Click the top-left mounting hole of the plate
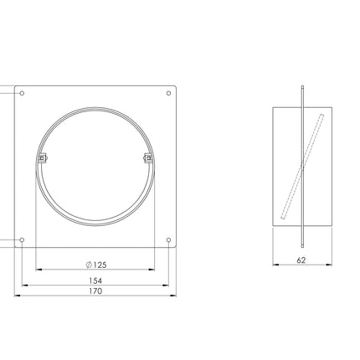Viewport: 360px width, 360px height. point(22,93)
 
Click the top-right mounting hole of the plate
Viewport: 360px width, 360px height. point(168,93)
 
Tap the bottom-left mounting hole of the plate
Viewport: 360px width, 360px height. point(22,240)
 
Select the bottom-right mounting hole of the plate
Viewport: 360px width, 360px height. point(168,240)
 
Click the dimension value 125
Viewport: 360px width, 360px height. point(100,265)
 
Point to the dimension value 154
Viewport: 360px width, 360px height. point(95,280)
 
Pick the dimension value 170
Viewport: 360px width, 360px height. point(95,291)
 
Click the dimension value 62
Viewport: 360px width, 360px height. point(301,260)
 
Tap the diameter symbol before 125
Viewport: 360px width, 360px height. point(89,265)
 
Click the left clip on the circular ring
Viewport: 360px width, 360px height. point(42,158)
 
